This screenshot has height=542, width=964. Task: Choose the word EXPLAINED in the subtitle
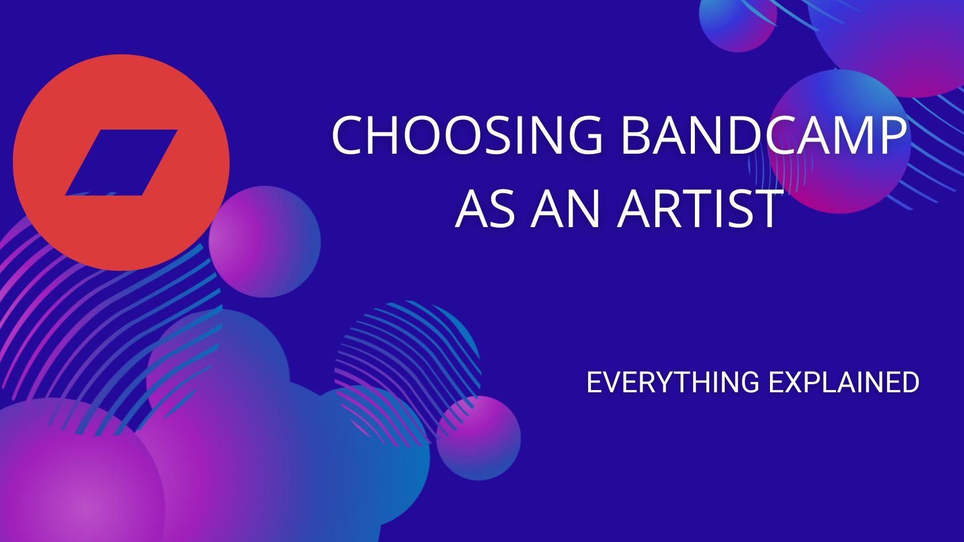pyautogui.click(x=843, y=383)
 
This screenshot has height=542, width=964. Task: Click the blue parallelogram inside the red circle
pyautogui.click(x=121, y=162)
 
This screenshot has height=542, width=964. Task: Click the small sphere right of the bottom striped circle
pyautogui.click(x=479, y=438)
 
